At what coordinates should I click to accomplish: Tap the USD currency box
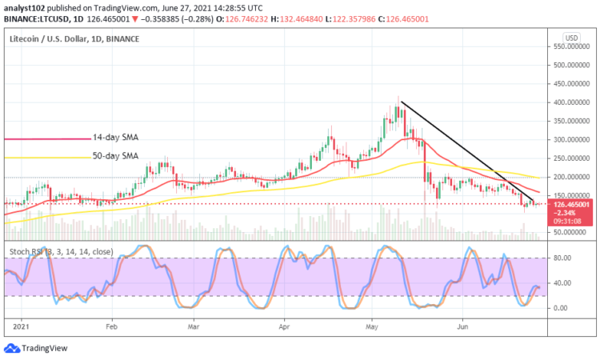[x=571, y=38]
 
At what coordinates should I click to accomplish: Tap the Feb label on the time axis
[x=112, y=326]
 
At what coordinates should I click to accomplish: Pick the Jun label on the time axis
[x=463, y=326]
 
